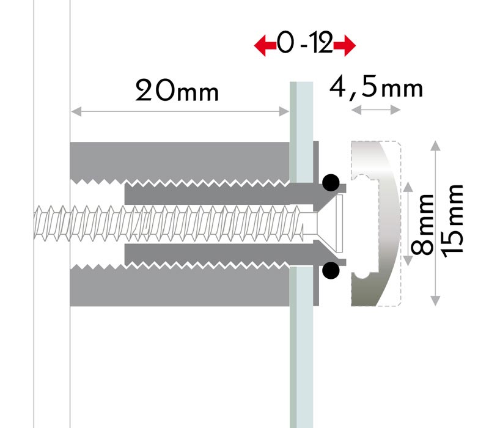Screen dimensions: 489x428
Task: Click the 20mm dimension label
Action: tap(177, 90)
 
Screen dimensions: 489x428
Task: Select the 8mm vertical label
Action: tap(422, 224)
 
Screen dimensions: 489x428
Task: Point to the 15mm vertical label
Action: tap(452, 221)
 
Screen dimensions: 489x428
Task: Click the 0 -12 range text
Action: tap(305, 43)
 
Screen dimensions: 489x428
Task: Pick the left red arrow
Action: tap(265, 45)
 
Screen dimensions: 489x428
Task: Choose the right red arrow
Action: tap(345, 45)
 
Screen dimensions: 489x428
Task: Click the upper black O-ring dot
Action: tap(331, 183)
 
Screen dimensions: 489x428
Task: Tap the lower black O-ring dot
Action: tap(331, 270)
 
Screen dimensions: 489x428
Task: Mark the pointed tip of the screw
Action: tap(35, 223)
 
